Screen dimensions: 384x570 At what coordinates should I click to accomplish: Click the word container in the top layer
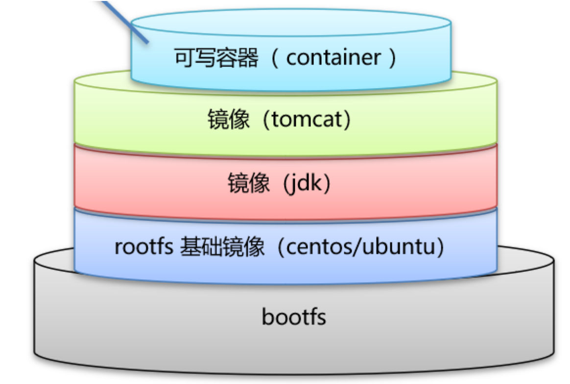(333, 58)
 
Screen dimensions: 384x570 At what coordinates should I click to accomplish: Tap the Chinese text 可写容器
(216, 58)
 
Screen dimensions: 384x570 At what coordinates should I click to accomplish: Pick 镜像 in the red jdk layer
(248, 184)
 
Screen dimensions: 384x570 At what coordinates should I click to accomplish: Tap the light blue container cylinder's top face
(291, 24)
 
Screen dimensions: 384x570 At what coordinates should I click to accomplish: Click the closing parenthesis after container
(392, 58)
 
